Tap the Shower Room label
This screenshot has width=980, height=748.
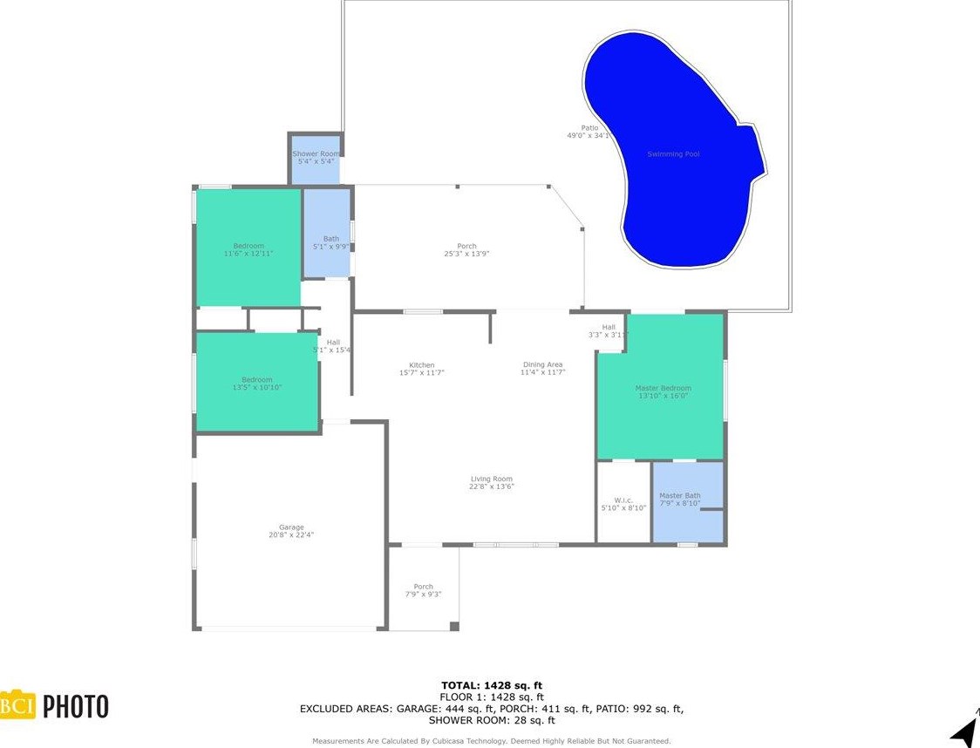tap(316, 153)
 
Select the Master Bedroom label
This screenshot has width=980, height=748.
tap(664, 388)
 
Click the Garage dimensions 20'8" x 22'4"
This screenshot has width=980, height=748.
tap(291, 534)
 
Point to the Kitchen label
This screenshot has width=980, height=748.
tap(421, 365)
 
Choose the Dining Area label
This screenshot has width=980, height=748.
tap(542, 364)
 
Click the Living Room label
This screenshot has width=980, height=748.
tap(491, 479)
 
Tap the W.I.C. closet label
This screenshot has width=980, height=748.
tap(623, 500)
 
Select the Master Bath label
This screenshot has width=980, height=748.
tap(679, 495)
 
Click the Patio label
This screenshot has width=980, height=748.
tap(590, 127)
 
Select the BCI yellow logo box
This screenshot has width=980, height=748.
tap(17, 704)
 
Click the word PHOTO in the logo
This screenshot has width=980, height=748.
tap(76, 705)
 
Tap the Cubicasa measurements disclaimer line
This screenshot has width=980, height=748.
tap(492, 741)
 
